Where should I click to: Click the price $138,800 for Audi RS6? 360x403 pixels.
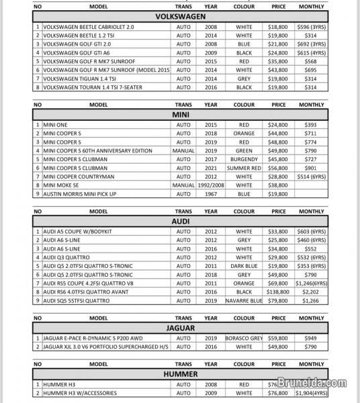click(277, 292)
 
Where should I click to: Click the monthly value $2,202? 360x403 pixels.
click(311, 292)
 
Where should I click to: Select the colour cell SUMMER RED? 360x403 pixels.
click(244, 168)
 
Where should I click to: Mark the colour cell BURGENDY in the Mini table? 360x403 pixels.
click(244, 159)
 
